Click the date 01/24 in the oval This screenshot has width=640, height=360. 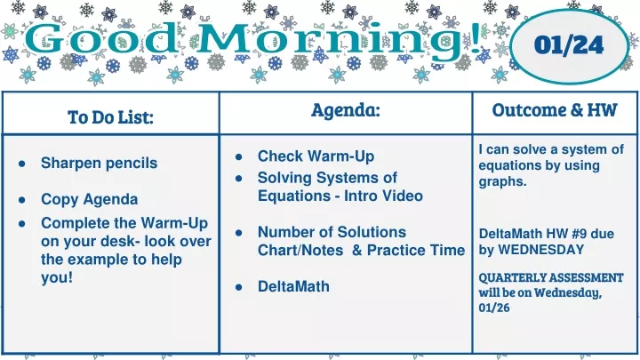tap(569, 45)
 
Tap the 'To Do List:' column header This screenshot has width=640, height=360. tap(110, 117)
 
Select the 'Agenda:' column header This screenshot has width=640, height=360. tap(345, 110)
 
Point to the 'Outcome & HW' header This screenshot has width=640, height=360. tap(555, 110)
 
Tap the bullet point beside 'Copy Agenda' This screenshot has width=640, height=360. tap(22, 200)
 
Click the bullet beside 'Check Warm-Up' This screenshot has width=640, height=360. tap(239, 156)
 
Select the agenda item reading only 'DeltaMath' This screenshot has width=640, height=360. tap(293, 286)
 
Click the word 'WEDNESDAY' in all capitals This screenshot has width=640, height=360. tap(541, 250)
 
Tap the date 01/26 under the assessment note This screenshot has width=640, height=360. tap(494, 308)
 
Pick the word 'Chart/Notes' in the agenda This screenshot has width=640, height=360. tap(300, 250)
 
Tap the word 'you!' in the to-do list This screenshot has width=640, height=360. tap(57, 277)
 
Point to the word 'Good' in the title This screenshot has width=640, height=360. tap(102, 39)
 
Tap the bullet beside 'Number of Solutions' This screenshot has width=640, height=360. tap(239, 233)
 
